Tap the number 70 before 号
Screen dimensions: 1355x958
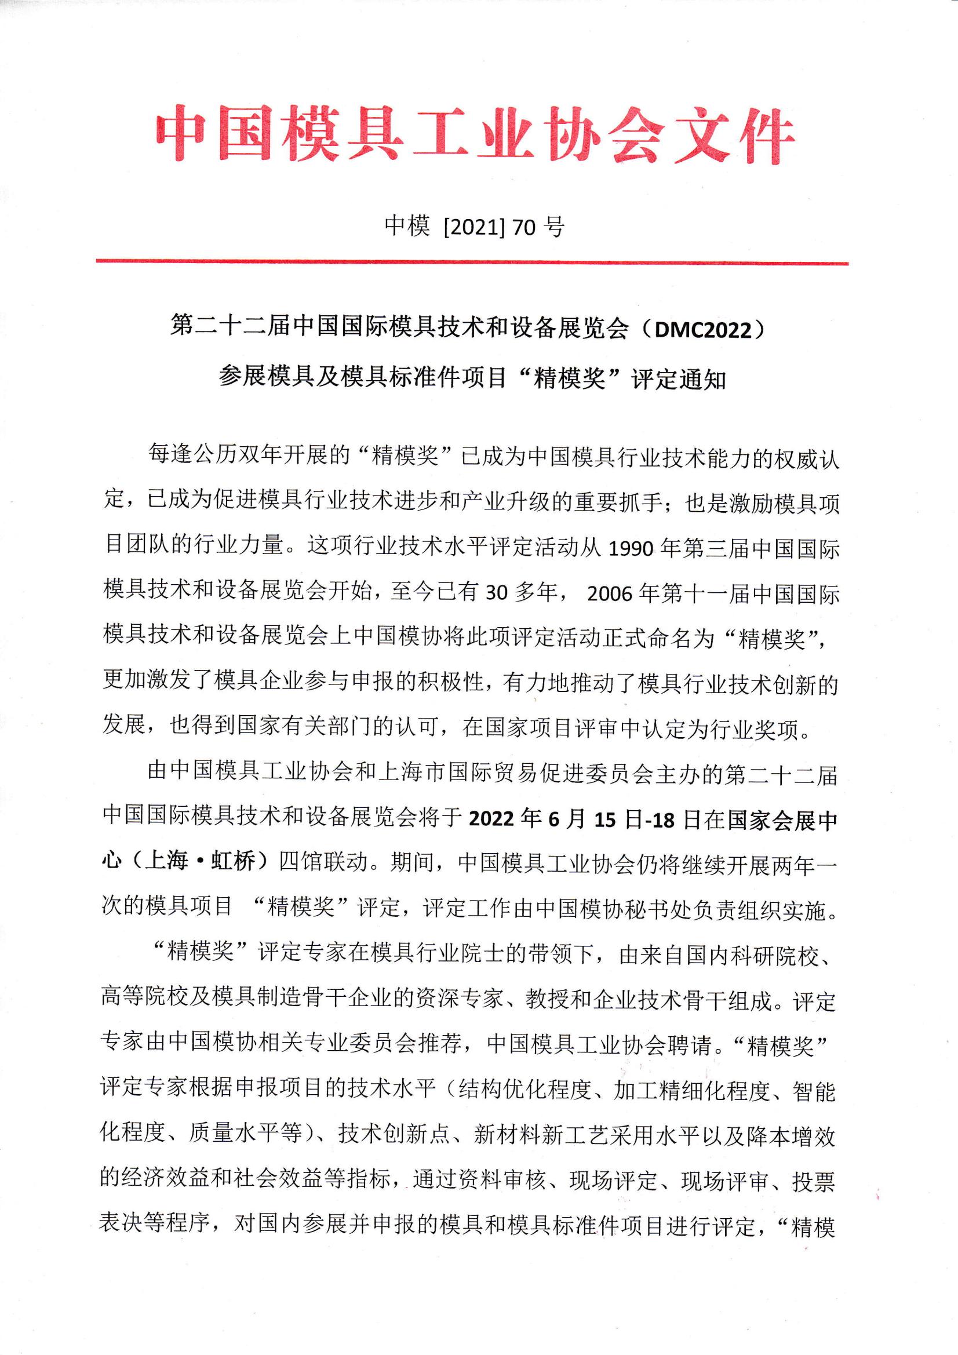pos(524,227)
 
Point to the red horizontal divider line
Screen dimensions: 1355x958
pos(472,262)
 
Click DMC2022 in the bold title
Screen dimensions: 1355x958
pos(701,328)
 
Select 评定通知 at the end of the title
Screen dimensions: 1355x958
pos(679,379)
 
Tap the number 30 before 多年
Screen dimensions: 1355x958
pos(496,593)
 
